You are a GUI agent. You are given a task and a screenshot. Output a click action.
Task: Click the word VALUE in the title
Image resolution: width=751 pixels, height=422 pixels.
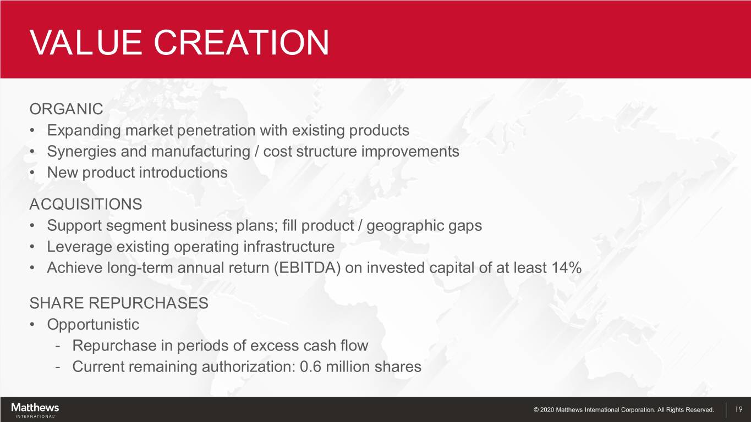tap(86, 42)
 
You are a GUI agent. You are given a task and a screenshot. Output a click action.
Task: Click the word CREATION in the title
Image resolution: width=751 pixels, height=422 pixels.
tap(242, 42)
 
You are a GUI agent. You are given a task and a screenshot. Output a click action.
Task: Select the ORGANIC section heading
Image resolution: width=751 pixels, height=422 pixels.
tap(67, 109)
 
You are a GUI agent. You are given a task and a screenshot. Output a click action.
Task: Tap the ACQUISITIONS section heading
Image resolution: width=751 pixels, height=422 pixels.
tap(86, 204)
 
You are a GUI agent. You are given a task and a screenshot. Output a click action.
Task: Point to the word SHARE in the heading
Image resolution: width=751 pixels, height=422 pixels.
tap(56, 303)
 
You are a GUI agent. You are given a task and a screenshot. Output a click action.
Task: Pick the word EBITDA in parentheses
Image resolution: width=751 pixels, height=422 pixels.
tap(308, 268)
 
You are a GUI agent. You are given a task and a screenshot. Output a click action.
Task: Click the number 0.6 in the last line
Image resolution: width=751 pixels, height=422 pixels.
tap(310, 367)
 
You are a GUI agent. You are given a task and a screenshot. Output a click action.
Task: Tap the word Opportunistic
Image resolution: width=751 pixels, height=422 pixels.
tap(93, 325)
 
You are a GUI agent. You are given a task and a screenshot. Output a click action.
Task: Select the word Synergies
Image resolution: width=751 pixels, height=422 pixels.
tap(81, 152)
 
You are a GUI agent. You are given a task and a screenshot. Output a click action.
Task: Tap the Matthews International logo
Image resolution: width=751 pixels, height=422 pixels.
tap(35, 410)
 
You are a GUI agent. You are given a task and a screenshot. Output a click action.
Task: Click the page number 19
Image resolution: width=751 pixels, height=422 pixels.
tap(738, 409)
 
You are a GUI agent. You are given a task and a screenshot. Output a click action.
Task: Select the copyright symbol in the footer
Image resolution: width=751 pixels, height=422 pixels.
tap(536, 409)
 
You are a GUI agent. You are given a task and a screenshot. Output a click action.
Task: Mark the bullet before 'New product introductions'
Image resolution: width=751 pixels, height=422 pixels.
tap(32, 173)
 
